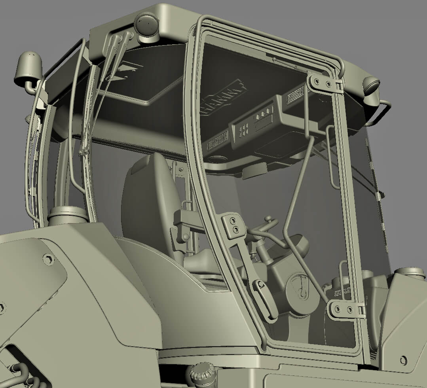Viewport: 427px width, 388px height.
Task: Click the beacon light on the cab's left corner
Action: point(28,69)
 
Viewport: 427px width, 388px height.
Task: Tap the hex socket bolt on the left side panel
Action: point(49,259)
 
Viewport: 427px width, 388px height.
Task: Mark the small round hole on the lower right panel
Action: point(403,360)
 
